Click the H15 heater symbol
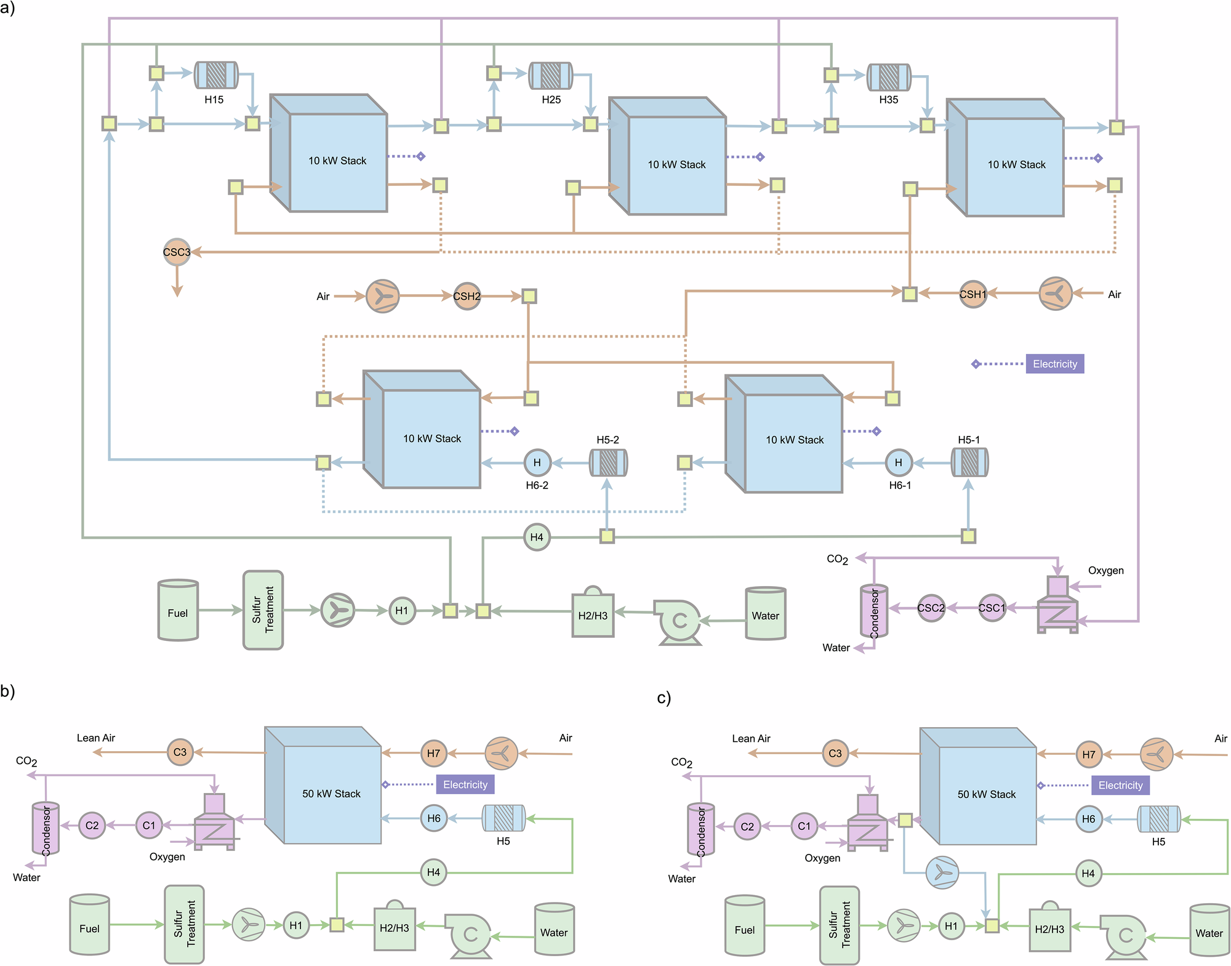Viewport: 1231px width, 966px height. [216, 75]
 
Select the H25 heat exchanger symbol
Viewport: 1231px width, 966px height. [551, 76]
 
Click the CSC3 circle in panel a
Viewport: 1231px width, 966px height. [177, 252]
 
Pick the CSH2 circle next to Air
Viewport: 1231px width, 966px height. [467, 296]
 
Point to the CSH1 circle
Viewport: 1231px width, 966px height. [972, 294]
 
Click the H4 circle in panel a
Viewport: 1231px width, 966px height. [537, 537]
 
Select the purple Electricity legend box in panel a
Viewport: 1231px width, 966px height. [1054, 364]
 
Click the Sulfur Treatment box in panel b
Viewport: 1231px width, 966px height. [184, 924]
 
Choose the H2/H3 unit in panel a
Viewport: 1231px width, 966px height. [592, 614]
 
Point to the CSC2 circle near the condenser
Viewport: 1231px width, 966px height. [931, 608]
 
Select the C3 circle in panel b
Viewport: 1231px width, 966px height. [180, 752]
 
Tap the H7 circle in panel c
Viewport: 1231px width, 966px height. [1089, 754]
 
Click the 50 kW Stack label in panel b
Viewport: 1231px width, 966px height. [331, 794]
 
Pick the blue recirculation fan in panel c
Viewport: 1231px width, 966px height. [942, 872]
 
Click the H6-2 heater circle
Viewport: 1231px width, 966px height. [537, 462]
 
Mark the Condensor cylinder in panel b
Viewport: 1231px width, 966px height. [46, 828]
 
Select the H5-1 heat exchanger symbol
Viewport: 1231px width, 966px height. [969, 462]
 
